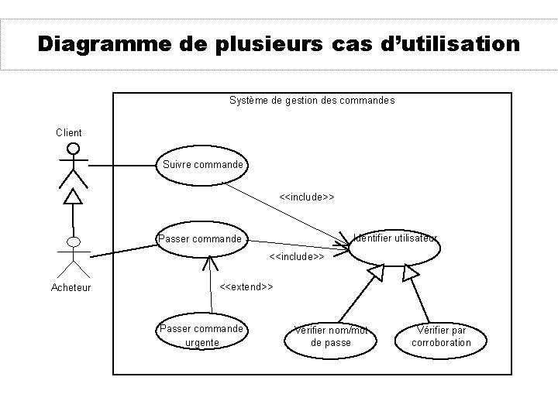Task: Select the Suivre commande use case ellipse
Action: coord(202,165)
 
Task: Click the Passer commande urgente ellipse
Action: coord(201,335)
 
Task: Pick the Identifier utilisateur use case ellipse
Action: coord(394,245)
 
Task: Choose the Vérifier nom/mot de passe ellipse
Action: coord(331,337)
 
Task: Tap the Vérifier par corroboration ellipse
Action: coord(441,337)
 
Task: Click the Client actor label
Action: coord(69,132)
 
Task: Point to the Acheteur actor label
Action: coord(71,288)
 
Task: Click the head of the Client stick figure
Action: coord(73,149)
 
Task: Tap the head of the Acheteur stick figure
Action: coord(74,242)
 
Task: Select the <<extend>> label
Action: coord(246,287)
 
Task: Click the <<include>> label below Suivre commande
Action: coord(306,197)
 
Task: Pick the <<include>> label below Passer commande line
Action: coord(296,255)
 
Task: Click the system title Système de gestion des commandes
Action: coord(312,100)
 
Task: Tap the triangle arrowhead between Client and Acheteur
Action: coord(73,197)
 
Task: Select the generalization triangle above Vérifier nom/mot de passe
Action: coord(378,272)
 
